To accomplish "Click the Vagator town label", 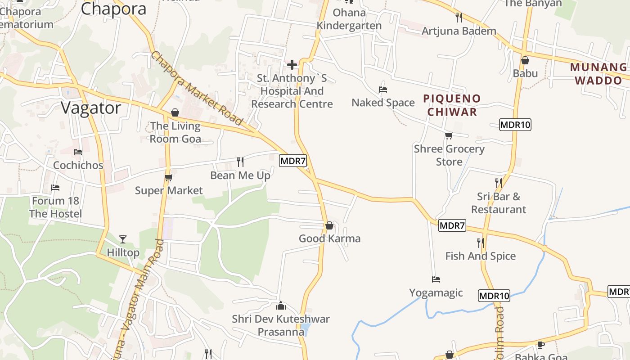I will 91,108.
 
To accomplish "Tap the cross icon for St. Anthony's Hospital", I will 292,65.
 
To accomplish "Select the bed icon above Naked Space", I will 383,90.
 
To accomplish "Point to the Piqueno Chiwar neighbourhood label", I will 452,105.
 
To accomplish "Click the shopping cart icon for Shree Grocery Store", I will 449,135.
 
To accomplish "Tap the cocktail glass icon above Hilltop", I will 123,239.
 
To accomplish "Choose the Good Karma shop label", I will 329,238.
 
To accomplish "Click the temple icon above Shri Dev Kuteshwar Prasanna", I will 281,306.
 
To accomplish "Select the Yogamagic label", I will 436,293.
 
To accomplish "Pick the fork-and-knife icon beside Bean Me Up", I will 240,162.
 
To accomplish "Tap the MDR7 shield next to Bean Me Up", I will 293,161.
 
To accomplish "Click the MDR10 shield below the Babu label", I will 515,125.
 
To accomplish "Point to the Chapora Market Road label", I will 197,89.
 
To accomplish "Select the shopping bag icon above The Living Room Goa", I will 175,112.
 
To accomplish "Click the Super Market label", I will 169,190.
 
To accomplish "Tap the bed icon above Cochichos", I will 78,152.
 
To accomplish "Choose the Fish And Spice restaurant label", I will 480,256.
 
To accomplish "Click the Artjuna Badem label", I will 459,31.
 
